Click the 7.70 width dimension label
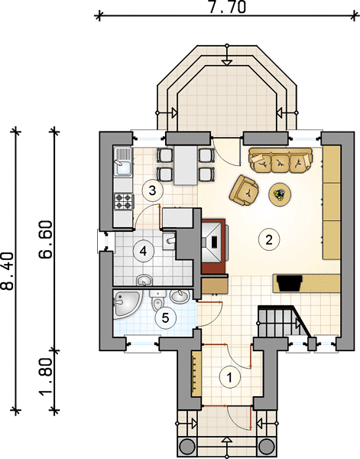(227, 7)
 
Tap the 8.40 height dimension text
(7, 271)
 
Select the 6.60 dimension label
(46, 239)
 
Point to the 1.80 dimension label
(46, 376)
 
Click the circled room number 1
(230, 377)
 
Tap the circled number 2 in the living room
(269, 239)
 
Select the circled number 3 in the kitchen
(152, 190)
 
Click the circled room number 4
(143, 251)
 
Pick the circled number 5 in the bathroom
(166, 317)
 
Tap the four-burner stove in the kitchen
(123, 201)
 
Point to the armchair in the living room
(244, 190)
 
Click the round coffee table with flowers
(280, 194)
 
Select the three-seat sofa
(281, 160)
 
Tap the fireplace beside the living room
(214, 246)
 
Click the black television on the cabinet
(290, 283)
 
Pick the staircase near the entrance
(281, 321)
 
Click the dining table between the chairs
(186, 164)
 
